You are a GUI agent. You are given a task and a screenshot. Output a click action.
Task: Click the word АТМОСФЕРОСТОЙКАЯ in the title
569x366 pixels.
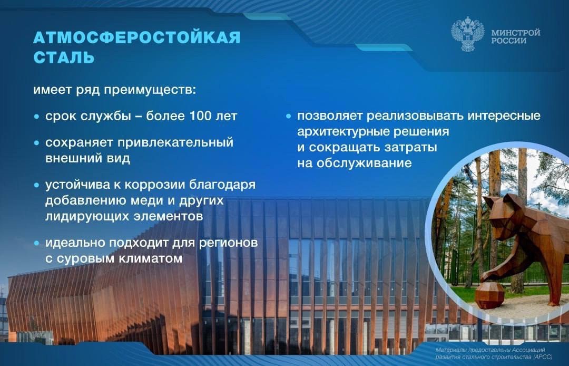pos(137,37)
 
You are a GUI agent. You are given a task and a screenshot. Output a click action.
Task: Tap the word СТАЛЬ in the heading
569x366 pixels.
pos(64,57)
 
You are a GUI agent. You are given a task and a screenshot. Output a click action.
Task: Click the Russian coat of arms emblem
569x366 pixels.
pos(467,35)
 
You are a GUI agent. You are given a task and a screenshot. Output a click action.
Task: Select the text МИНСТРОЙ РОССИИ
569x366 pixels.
pos(515,36)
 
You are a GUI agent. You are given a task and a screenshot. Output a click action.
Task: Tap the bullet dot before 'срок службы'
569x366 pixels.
pos(36,117)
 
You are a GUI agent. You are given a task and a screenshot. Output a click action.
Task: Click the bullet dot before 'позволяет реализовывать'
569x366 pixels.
pos(288,115)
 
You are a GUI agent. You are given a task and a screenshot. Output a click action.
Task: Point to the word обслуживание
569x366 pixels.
pos(365,163)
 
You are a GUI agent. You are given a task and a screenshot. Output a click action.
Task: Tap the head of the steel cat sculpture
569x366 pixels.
pos(498,210)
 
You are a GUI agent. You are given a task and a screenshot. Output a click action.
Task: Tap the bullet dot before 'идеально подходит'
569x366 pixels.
pos(36,243)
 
